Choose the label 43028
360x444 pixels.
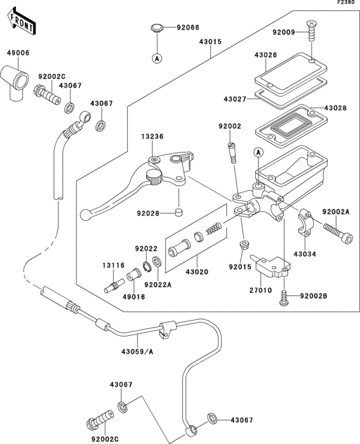(x=336, y=107)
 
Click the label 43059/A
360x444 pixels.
(x=138, y=351)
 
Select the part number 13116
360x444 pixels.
(x=111, y=264)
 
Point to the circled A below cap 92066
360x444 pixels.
(x=156, y=58)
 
